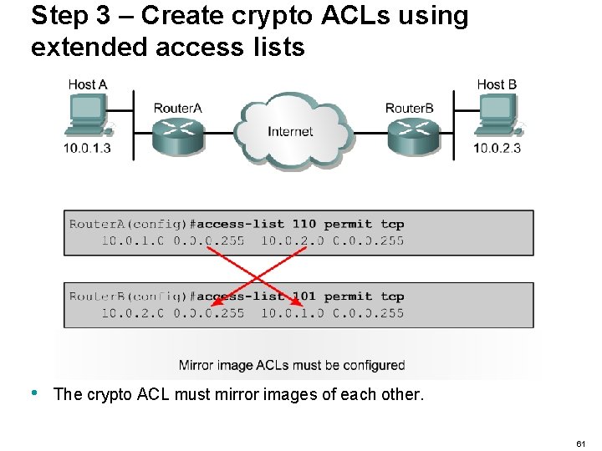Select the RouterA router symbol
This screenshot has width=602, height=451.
[177, 134]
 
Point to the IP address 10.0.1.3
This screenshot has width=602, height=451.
[87, 149]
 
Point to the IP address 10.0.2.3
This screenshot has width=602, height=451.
[497, 149]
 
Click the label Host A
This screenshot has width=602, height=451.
[88, 84]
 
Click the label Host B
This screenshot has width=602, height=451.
[497, 84]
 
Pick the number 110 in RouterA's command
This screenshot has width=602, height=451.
[304, 224]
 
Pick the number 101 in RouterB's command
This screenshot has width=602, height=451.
[304, 296]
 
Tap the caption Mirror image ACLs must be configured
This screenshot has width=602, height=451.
[292, 365]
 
